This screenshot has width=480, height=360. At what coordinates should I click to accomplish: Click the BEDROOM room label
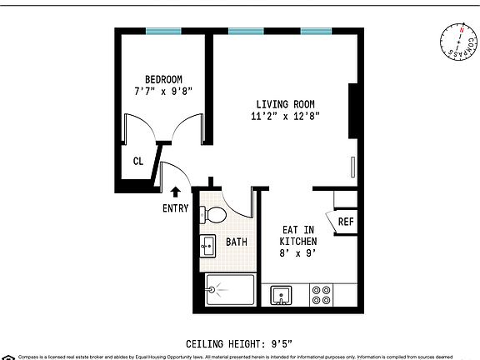click(163, 80)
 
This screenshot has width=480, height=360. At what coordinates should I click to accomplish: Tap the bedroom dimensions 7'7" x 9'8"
click(163, 92)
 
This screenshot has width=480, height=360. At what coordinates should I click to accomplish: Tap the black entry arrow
click(175, 192)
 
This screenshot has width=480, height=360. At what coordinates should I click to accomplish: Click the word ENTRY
click(175, 208)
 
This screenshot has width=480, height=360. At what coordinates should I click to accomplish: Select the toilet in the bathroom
click(216, 215)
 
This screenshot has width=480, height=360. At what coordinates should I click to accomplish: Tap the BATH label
click(237, 242)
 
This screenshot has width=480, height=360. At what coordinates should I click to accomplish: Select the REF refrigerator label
click(346, 222)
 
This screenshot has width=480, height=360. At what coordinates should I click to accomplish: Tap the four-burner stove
click(321, 295)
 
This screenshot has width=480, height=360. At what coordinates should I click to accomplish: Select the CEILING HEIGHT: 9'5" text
click(239, 342)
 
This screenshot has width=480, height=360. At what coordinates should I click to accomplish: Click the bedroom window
click(163, 32)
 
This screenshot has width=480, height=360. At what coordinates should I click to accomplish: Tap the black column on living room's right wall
click(354, 111)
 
